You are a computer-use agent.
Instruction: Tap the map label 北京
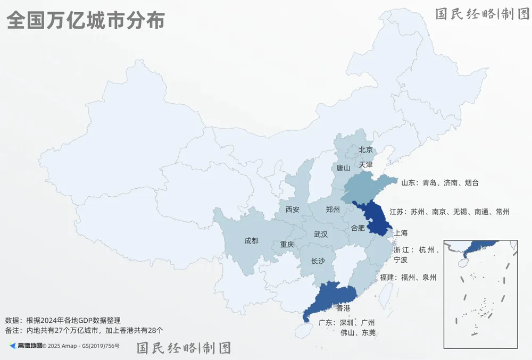(x=366, y=150)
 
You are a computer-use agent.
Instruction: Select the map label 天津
(x=366, y=165)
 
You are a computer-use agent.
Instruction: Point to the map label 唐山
(x=343, y=168)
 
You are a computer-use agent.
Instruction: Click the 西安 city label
(x=292, y=210)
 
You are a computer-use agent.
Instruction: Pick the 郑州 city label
(x=332, y=210)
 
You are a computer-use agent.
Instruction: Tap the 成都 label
(x=251, y=241)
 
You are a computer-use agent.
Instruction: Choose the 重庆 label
(x=287, y=245)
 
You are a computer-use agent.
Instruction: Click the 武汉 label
(x=320, y=234)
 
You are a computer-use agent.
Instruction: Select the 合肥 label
(x=358, y=228)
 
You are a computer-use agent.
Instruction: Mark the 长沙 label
(x=318, y=261)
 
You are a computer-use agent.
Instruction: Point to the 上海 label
(x=401, y=233)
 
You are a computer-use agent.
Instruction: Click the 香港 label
(x=343, y=308)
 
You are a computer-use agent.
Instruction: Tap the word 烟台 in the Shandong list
(x=472, y=183)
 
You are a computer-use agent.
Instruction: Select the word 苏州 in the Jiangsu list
(x=418, y=212)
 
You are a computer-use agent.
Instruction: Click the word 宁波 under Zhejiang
(x=401, y=260)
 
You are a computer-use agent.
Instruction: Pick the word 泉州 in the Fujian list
(x=429, y=278)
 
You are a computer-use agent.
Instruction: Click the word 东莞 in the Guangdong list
(x=369, y=333)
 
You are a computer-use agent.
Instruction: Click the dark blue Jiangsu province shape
(x=375, y=221)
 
